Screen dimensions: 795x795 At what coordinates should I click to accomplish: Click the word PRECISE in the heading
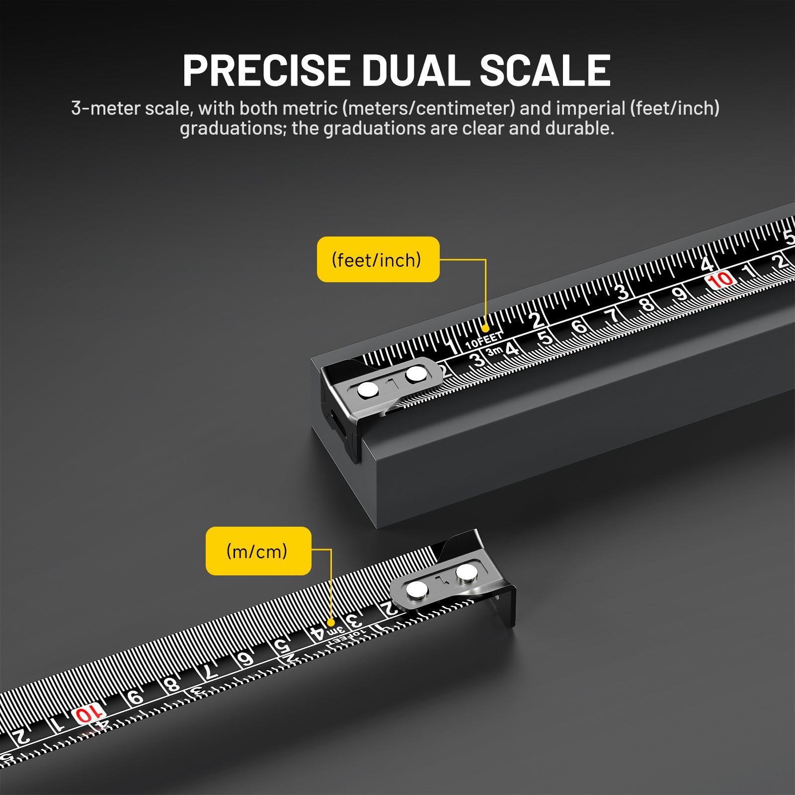click(266, 70)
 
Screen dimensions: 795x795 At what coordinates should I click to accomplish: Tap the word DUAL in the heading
click(415, 70)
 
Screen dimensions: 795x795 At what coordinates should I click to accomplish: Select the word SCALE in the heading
click(545, 70)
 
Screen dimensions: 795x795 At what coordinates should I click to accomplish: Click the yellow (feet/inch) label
click(378, 259)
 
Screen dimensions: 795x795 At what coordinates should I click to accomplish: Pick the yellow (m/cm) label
click(258, 551)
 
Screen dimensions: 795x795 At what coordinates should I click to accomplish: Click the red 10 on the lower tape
click(88, 714)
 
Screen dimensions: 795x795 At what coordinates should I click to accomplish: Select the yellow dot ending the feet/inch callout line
click(485, 328)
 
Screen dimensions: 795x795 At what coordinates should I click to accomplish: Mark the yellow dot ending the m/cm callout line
click(330, 623)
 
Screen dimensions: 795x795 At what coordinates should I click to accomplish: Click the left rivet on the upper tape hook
click(368, 390)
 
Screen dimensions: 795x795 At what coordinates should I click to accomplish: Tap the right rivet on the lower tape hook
click(467, 572)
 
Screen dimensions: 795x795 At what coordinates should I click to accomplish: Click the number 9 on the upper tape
click(679, 294)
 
